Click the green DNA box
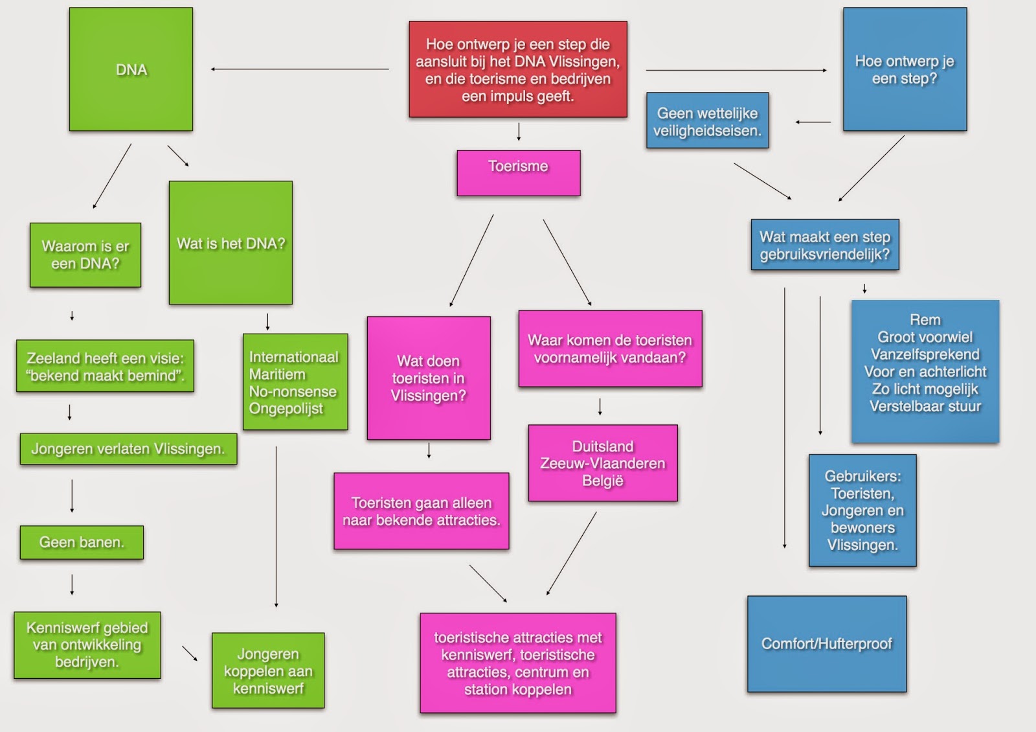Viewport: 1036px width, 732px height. click(131, 69)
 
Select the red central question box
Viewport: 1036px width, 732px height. click(517, 69)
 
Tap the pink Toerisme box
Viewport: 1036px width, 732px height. click(518, 173)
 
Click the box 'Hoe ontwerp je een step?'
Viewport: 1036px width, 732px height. click(904, 69)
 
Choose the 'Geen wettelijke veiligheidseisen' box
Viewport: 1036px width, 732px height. click(707, 120)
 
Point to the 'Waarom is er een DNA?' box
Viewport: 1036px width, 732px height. click(85, 255)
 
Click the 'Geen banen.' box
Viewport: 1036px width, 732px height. click(82, 542)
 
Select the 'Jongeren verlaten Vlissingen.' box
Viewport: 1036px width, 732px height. click(128, 449)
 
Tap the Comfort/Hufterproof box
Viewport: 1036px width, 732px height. click(826, 644)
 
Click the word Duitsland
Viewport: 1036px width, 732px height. click(602, 446)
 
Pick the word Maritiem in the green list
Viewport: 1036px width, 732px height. click(277, 374)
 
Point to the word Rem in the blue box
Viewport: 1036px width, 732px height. click(925, 320)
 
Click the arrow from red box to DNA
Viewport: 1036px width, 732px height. click(299, 69)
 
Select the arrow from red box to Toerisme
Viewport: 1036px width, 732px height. click(519, 132)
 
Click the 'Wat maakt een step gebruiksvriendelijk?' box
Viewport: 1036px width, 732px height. click(824, 246)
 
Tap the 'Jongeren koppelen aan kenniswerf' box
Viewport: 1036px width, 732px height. click(268, 670)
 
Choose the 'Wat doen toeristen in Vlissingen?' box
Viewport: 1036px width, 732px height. click(428, 378)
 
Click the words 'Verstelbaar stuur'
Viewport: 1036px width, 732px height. click(925, 406)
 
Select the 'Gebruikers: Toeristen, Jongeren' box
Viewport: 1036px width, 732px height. click(862, 510)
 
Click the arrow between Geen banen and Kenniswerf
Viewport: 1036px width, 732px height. click(72, 584)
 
